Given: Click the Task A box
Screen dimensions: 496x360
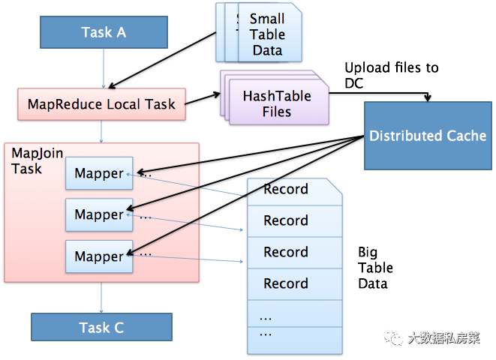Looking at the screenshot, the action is point(104,32).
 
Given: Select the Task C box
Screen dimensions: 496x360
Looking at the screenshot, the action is point(101,327).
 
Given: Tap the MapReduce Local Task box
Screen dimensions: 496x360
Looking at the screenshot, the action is point(101,104).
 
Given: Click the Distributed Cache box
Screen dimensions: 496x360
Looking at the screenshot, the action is point(428,136).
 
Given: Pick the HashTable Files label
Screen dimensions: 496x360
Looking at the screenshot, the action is point(277,103).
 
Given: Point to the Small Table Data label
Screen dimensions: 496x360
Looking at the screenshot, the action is point(267,34).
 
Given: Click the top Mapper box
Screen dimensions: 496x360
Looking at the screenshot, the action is point(99,173).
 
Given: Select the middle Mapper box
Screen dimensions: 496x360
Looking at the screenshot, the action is point(99,214).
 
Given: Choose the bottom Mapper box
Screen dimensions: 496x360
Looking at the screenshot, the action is point(99,256).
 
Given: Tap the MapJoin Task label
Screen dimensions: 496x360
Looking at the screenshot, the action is point(37,161).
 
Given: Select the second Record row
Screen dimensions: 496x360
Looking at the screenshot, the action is point(295,221).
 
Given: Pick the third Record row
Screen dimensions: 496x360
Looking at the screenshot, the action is point(295,253).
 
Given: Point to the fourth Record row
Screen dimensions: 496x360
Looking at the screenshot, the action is point(295,283).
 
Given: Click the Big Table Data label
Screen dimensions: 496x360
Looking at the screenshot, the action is point(375,268).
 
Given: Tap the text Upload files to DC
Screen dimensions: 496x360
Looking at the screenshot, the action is point(392,75).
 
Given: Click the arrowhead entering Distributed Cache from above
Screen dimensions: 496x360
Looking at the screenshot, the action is point(428,98).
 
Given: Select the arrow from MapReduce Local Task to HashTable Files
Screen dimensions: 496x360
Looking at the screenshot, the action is point(203,98).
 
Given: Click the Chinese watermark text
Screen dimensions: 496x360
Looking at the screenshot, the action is point(443,338).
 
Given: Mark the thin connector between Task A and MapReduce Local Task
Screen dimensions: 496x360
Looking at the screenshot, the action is point(104,68).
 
